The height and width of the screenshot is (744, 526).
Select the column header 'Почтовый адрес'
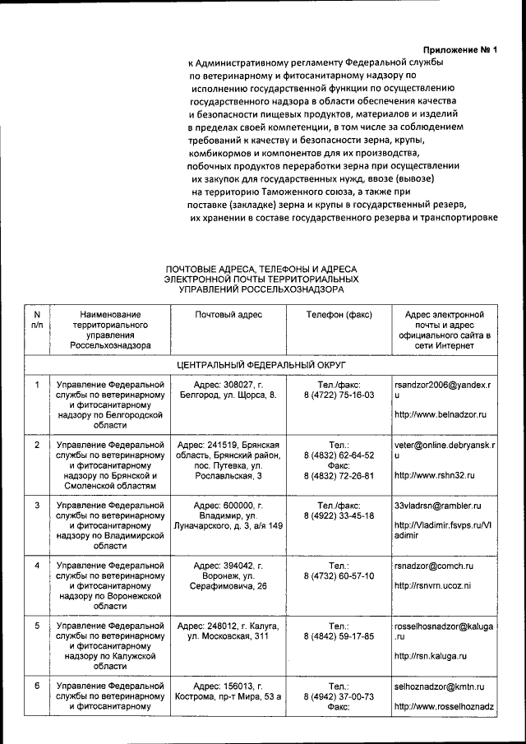pos(228,315)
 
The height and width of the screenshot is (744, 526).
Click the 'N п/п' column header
pos(37,320)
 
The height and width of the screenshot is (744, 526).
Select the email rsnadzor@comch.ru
pos(433,566)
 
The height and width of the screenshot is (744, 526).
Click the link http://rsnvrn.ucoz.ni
pos(432,587)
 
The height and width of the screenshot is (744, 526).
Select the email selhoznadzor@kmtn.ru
pos(439,686)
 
